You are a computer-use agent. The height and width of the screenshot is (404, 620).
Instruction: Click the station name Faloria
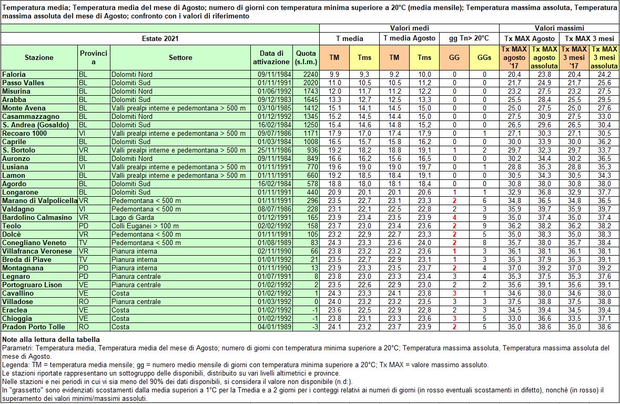coord(14,74)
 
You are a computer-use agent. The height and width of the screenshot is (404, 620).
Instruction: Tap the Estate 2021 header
coord(160,38)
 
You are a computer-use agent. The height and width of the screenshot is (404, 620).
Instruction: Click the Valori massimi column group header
coord(559,28)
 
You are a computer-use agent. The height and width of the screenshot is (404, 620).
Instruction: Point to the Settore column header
coord(180,57)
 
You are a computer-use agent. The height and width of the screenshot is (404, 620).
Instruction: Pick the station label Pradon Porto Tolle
coord(34,327)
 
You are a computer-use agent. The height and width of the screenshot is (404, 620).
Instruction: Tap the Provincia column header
coord(94,57)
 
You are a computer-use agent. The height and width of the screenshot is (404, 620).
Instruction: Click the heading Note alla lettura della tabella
coord(51,339)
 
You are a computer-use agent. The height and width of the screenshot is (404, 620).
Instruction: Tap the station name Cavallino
coord(18,293)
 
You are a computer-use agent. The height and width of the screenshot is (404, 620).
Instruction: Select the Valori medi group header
coord(409,28)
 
